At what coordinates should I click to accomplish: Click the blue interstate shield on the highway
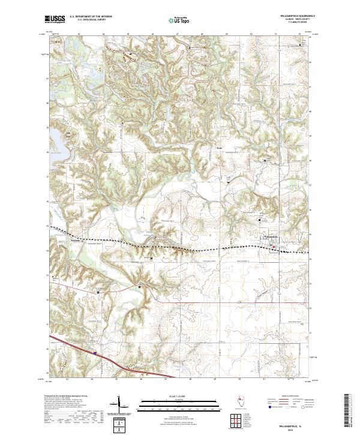click(x=95, y=353)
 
